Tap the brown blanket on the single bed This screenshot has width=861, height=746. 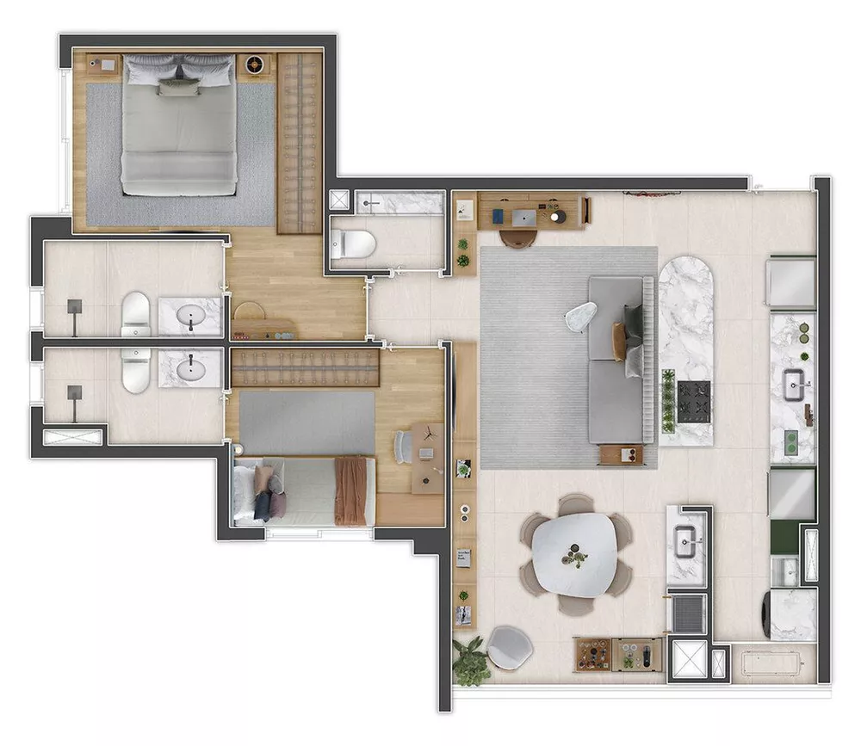[x=350, y=490]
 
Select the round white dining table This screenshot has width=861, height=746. [x=574, y=554]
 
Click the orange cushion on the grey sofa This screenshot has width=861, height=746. [x=619, y=341]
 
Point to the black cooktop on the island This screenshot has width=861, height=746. [x=695, y=401]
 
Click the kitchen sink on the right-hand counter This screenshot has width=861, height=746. [x=793, y=384]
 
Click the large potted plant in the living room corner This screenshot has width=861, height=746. [x=471, y=661]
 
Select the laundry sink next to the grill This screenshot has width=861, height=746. [x=686, y=543]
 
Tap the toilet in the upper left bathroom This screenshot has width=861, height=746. [x=136, y=314]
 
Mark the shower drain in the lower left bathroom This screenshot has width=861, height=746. [x=75, y=392]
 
